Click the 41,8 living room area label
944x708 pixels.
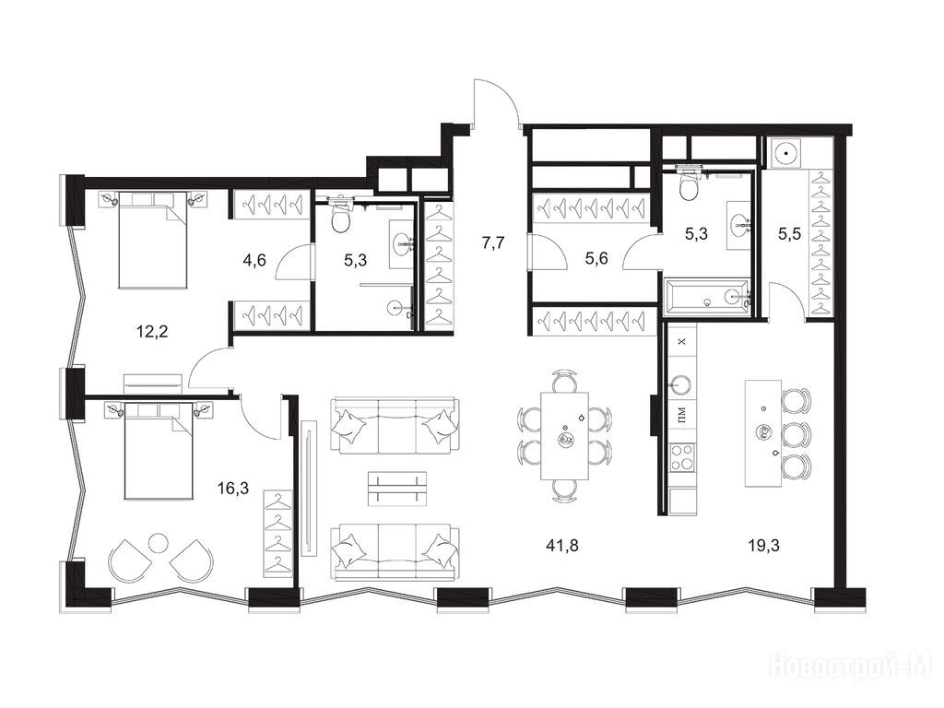[x=562, y=546]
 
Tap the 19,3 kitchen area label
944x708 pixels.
[x=764, y=546]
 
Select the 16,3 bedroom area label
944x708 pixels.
[x=233, y=488]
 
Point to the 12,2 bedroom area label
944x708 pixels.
[x=152, y=331]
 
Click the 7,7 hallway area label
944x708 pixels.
[x=493, y=243]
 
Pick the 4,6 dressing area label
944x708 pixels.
[x=254, y=261]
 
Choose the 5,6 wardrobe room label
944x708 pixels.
[x=596, y=258]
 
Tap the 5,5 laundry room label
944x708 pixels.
[x=789, y=234]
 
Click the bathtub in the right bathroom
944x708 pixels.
[x=707, y=296]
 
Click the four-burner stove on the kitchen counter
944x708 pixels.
[x=682, y=457]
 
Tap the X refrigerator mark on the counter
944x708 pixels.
[x=681, y=342]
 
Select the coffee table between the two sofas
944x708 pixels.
[x=396, y=489]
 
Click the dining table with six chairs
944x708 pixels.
[x=565, y=435]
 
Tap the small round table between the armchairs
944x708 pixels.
[x=159, y=542]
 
